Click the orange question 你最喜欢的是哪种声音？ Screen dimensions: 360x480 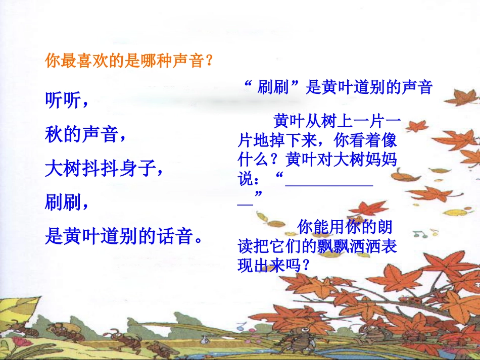point(129,62)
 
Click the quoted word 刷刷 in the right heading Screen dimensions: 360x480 point(273,87)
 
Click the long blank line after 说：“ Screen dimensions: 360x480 point(329,185)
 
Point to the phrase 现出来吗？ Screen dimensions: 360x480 point(273,265)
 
